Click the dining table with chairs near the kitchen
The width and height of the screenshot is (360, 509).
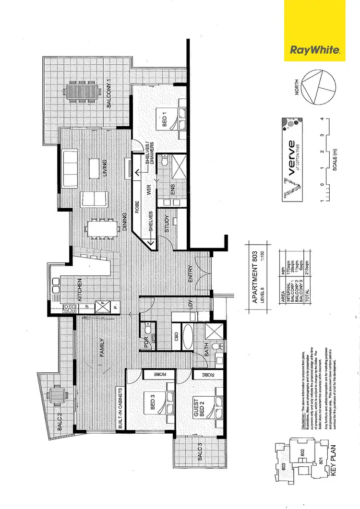(x=101, y=229)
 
